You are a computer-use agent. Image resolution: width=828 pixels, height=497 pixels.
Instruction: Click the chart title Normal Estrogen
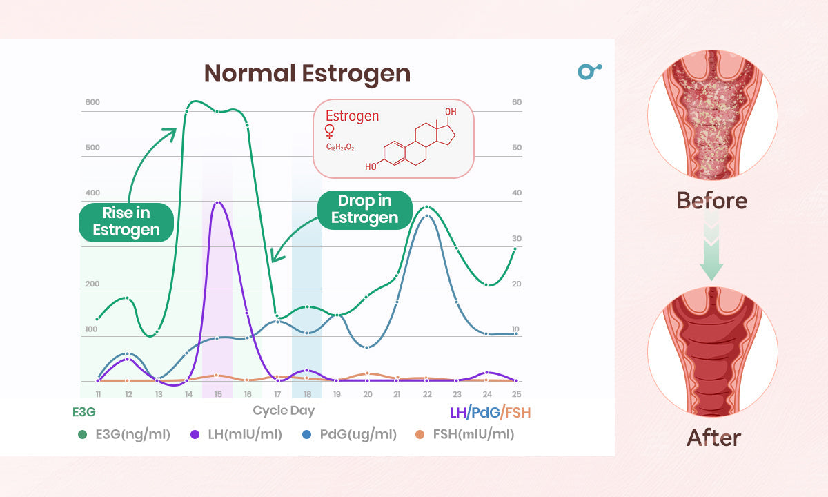point(307,73)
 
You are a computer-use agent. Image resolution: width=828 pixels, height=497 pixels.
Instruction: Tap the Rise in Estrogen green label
point(126,222)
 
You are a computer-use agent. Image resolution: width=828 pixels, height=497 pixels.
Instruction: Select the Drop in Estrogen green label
point(364,209)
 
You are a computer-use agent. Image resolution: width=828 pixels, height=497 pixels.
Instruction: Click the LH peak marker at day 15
point(217,203)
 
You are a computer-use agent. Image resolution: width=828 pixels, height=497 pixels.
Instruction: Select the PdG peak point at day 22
point(427,217)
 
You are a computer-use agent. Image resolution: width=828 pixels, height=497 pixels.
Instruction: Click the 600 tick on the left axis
point(92,103)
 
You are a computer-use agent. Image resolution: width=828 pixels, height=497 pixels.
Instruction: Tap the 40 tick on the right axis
point(516,193)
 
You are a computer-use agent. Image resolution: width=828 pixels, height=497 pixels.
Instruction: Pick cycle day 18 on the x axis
point(307,394)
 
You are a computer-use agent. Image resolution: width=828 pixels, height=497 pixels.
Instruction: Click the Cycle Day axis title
point(284,411)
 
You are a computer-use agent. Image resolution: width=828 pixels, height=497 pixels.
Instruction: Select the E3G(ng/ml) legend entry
point(124,434)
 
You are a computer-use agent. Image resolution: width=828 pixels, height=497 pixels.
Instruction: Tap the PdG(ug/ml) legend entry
point(350,434)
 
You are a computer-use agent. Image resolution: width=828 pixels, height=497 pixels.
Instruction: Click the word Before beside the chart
point(711,200)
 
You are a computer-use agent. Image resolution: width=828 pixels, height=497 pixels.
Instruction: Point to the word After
point(713,438)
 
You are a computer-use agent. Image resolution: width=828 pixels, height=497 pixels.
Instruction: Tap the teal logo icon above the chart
point(589,70)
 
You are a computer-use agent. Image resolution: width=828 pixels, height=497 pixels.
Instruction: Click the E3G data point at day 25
point(515,249)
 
